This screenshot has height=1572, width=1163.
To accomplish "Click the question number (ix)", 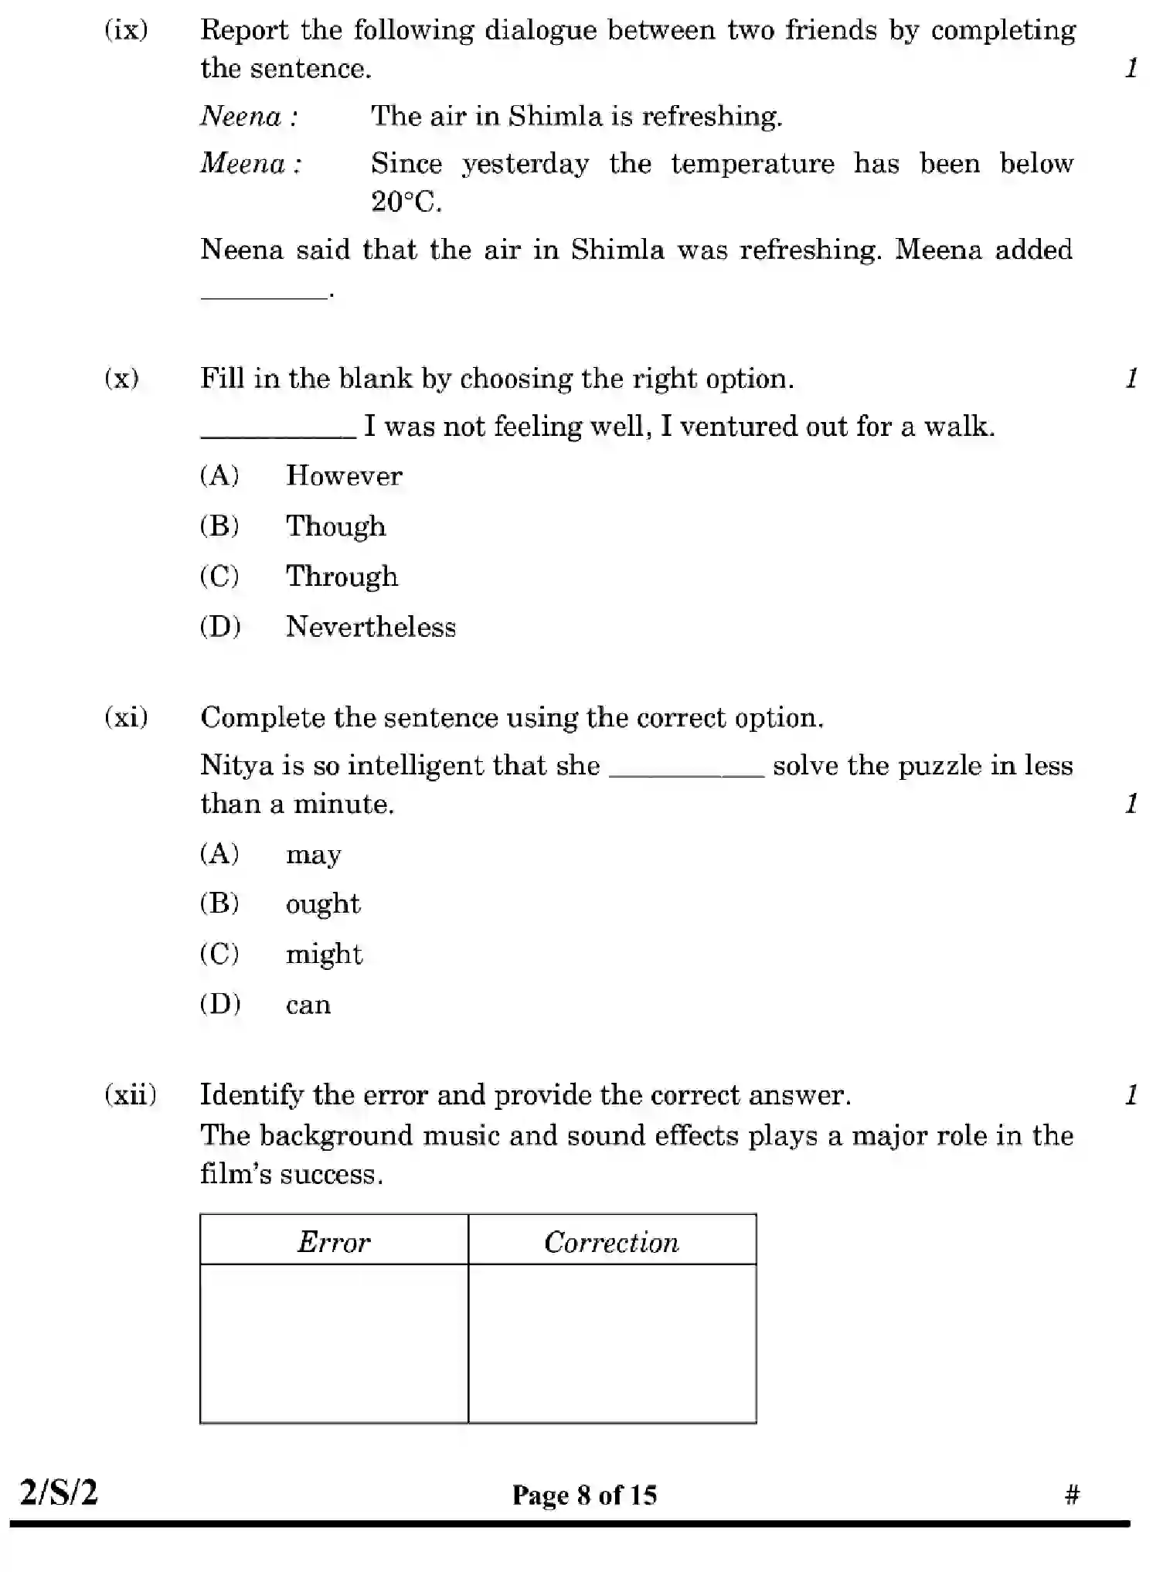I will click(x=126, y=30).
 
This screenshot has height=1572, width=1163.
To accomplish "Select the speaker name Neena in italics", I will click(x=241, y=117).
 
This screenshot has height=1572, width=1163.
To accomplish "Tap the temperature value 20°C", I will click(x=406, y=202).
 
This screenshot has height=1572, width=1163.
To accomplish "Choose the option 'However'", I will click(x=344, y=475).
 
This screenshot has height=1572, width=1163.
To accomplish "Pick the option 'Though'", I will click(x=335, y=526).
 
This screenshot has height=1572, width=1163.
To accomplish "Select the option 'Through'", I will click(x=342, y=577).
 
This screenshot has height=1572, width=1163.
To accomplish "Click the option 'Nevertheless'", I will click(x=371, y=627).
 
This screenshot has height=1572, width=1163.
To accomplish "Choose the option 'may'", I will click(x=313, y=855).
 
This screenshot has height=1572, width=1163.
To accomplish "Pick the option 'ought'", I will click(x=323, y=904).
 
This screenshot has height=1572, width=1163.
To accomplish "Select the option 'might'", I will click(x=324, y=954).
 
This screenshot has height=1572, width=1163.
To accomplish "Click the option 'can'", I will click(x=308, y=1005).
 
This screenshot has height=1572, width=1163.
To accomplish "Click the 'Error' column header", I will click(x=334, y=1242).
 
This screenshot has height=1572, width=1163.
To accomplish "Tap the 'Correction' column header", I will click(x=611, y=1242).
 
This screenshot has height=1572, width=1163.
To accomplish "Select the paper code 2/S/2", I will click(x=59, y=1492).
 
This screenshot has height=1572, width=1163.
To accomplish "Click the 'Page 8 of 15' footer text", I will click(x=584, y=1495).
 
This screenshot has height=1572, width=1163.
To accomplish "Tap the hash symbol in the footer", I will click(x=1071, y=1495).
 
